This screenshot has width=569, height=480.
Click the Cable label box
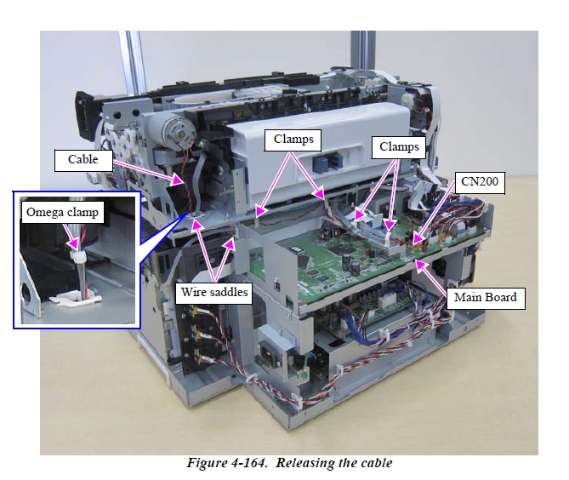click(83, 158)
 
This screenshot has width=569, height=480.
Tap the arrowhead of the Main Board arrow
click(417, 261)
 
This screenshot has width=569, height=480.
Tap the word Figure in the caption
click(208, 464)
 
